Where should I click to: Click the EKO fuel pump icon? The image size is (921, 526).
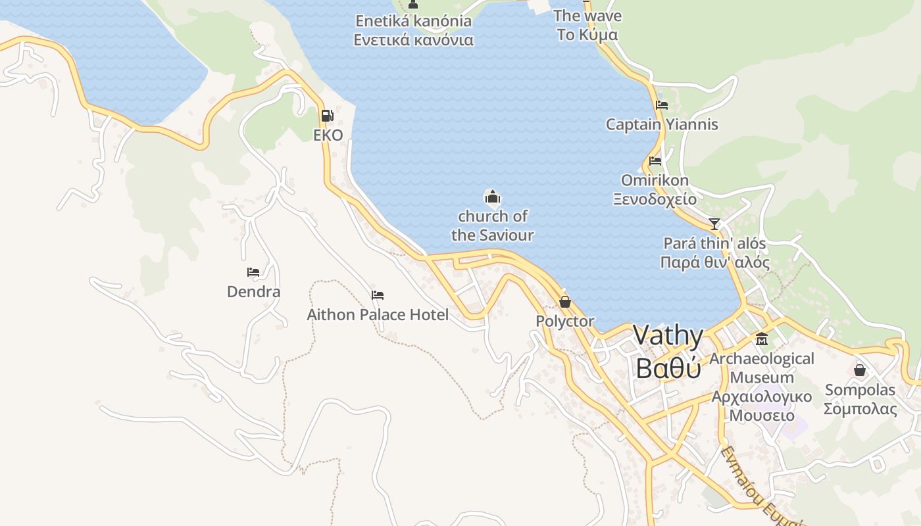click(327, 116)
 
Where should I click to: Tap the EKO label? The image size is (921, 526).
click(328, 135)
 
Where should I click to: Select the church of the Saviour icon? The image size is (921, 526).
click(492, 196)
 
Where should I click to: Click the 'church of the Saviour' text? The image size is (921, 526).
click(492, 226)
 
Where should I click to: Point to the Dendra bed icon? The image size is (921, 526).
click(253, 272)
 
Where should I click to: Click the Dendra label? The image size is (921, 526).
click(253, 291)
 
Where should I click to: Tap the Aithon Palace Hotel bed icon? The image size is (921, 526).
click(378, 295)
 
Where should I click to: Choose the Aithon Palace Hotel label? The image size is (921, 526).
click(378, 315)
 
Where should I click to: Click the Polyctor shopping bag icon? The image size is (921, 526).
click(564, 302)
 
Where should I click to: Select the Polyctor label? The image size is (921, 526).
click(564, 322)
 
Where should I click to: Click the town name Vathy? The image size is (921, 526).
click(668, 336)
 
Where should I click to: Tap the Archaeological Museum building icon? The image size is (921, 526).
click(762, 339)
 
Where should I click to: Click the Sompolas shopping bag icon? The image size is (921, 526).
click(860, 370)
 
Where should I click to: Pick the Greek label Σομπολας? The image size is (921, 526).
click(860, 409)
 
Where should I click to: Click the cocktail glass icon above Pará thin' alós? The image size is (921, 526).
click(714, 224)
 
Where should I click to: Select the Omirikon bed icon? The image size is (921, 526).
click(655, 160)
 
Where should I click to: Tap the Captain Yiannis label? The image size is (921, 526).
click(662, 124)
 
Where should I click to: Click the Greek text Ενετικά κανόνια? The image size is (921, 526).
click(413, 40)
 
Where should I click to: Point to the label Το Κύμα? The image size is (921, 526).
click(587, 35)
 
